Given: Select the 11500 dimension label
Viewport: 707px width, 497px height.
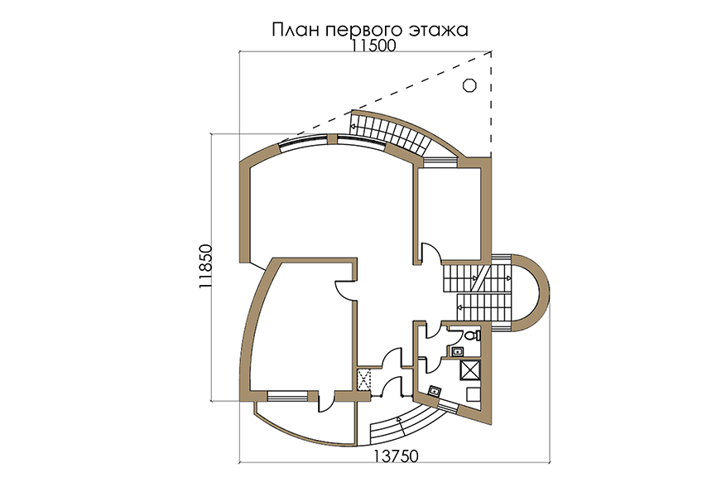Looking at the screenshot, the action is click(x=374, y=46).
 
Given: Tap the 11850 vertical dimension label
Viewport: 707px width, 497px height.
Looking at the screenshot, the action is click(x=204, y=267).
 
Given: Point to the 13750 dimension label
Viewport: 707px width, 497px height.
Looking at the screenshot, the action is click(x=397, y=456).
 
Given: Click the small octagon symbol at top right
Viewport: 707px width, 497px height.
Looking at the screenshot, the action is click(x=469, y=84).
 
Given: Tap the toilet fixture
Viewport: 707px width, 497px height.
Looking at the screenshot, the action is click(x=472, y=335).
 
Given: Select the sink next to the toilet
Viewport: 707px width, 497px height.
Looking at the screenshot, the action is click(x=458, y=352).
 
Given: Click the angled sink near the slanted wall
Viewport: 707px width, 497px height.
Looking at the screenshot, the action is click(x=435, y=391).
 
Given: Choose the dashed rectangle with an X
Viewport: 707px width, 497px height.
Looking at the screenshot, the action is click(x=364, y=379).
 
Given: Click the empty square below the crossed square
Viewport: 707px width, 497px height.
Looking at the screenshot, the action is click(x=474, y=394).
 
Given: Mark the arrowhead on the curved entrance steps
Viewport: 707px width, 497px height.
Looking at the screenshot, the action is click(x=398, y=419).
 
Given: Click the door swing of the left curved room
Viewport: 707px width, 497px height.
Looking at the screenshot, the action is click(x=346, y=290).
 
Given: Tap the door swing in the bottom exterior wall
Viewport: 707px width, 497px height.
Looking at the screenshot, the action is click(x=327, y=403).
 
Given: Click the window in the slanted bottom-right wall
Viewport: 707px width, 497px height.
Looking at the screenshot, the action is click(x=447, y=408).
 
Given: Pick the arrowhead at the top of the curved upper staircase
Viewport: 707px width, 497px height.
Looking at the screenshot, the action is click(x=353, y=128).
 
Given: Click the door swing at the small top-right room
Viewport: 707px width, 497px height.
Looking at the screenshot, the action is click(x=430, y=252).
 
